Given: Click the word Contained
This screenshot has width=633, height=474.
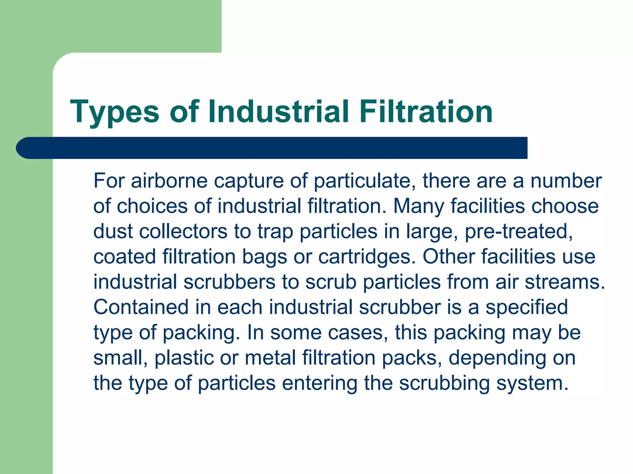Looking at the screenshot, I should coord(141,307).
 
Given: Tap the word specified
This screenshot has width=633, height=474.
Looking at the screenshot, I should coord(527,308).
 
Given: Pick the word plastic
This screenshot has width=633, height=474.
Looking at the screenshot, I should coord(184,358).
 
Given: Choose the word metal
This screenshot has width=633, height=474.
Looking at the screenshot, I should coord(270,358).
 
